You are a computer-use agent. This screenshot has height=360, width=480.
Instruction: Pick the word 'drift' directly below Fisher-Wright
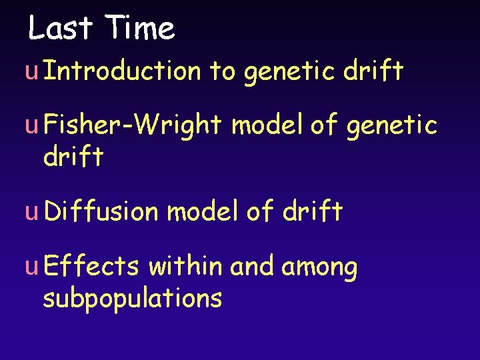pyautogui.click(x=73, y=157)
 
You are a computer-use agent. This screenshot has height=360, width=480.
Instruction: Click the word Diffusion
pyautogui.click(x=101, y=211)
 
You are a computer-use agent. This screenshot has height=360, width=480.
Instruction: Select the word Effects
pyautogui.click(x=91, y=267)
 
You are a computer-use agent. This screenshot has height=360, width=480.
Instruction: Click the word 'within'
pyautogui.click(x=186, y=267)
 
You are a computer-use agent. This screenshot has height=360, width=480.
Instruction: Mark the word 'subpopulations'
pyautogui.click(x=132, y=299)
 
